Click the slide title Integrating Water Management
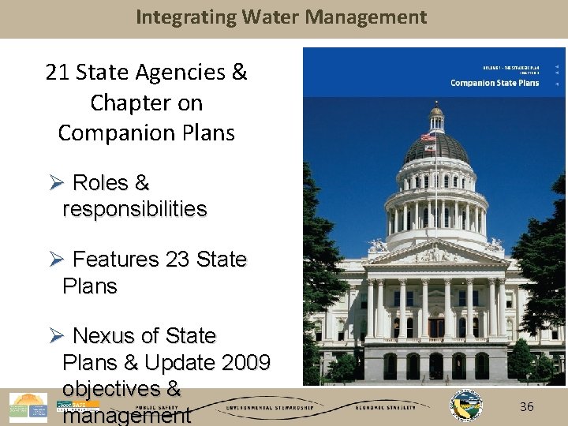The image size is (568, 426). (x=282, y=17)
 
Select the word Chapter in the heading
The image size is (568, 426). (x=123, y=103)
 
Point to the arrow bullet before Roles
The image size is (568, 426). (x=55, y=183)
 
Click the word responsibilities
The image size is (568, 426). (x=134, y=209)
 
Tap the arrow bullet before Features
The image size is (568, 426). (x=55, y=260)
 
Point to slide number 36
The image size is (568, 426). (x=527, y=406)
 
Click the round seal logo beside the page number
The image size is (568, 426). (x=466, y=406)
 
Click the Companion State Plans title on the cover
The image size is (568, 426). (x=495, y=83)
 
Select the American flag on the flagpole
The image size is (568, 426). (x=428, y=137)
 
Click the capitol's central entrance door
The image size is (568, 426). (x=435, y=327)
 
